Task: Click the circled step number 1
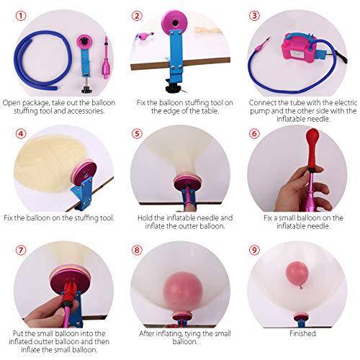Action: [x=21, y=16]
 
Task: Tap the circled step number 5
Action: [x=137, y=133]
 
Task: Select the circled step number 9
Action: [x=254, y=250]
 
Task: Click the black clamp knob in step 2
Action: [x=172, y=88]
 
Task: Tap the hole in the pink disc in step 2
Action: [x=176, y=23]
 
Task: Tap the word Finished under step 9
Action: [x=303, y=333]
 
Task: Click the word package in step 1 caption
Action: [x=35, y=103]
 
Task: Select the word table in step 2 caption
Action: [x=210, y=111]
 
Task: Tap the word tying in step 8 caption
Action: [x=193, y=334]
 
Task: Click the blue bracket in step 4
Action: [x=82, y=193]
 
